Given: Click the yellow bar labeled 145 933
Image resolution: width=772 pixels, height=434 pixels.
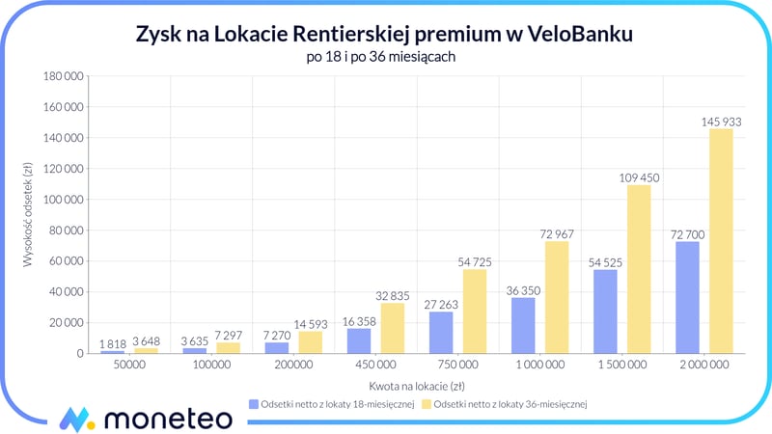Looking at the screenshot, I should [x=721, y=241].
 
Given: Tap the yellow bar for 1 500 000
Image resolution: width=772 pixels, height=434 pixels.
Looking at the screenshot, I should [x=639, y=269].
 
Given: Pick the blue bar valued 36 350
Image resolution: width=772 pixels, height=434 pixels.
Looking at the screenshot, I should [x=523, y=325].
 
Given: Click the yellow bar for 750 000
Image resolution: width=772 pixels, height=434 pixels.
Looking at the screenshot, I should [x=475, y=311].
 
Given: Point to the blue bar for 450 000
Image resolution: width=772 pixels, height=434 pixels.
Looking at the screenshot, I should [x=359, y=340].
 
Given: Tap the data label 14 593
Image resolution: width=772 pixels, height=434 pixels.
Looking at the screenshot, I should [x=311, y=323].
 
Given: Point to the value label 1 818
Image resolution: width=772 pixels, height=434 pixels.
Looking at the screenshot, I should [x=113, y=342].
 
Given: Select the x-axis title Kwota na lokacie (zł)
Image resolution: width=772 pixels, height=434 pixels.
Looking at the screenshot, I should [x=417, y=385].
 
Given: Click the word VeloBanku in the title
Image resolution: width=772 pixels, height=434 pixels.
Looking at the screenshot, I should [x=583, y=36].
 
